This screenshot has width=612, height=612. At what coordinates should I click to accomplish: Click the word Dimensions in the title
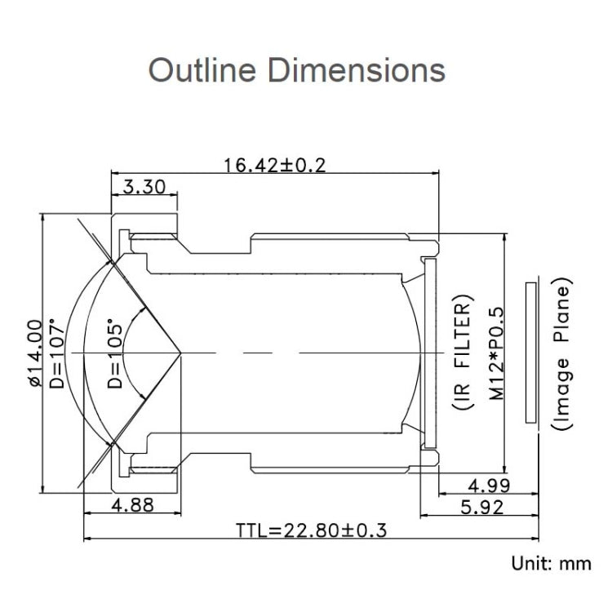357,69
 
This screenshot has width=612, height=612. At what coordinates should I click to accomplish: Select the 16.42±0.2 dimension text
275,166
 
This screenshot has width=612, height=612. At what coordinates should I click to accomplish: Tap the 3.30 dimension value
144,188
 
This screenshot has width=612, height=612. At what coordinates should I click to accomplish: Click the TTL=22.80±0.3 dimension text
311,531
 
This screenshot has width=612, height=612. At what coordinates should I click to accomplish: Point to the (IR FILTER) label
462,353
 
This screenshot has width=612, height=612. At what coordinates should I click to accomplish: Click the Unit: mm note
549,564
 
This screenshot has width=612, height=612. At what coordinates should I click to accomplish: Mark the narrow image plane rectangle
531,353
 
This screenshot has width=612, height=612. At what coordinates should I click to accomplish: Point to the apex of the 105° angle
181,353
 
